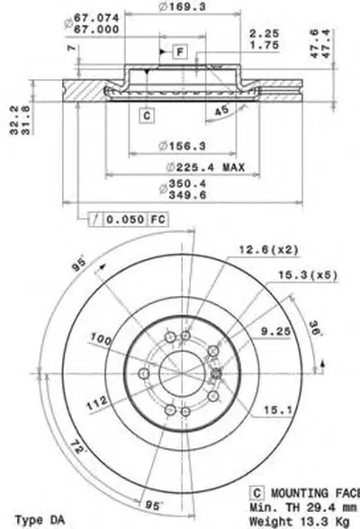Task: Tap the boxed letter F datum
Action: click(x=180, y=50)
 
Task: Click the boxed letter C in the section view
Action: click(x=145, y=113)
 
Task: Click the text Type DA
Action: click(x=36, y=520)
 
